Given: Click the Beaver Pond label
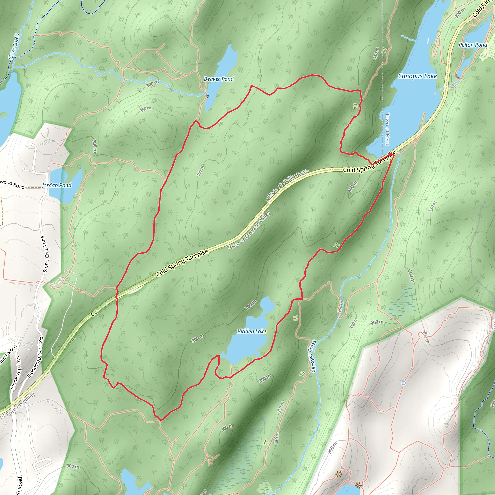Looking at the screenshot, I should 219,79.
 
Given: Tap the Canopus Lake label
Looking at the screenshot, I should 417,76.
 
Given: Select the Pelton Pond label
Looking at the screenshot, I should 473,45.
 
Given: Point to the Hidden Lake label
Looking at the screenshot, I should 251,332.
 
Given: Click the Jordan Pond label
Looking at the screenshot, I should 56,185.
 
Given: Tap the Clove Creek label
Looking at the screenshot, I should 14,47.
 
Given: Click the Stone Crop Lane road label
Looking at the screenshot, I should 45,255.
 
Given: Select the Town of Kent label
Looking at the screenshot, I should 387,129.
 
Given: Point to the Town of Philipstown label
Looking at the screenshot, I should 287,183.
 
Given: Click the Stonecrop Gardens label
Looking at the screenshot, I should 35,358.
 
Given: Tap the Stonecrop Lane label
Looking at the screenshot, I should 15,372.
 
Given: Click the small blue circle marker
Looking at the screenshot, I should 404,383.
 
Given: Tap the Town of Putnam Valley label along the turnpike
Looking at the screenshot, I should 249,230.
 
